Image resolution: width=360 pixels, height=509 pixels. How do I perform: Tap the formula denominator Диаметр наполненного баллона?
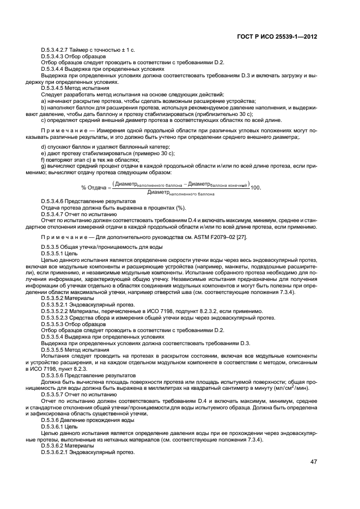(x=181, y=193)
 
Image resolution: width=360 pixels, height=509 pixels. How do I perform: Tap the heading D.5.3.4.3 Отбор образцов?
(x=74, y=56)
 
